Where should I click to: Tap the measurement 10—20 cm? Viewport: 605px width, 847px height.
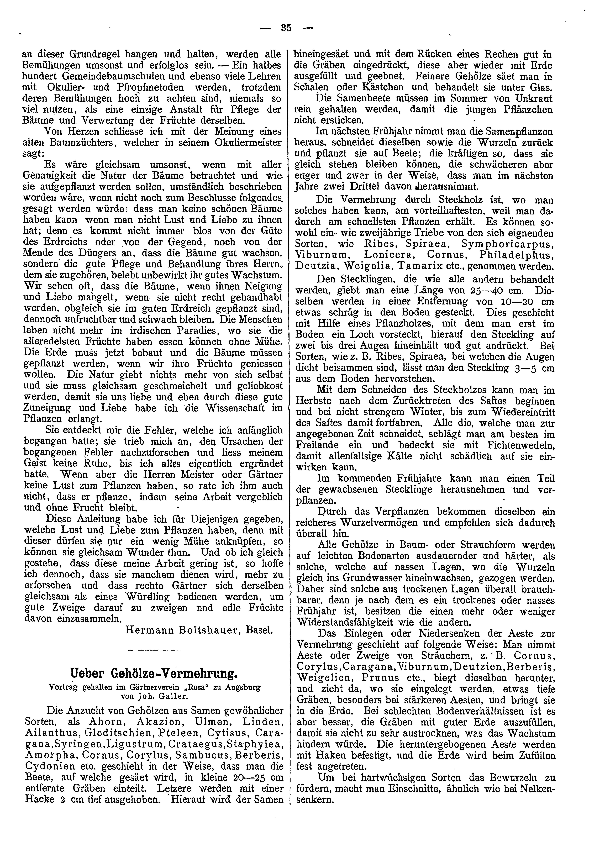click(x=513, y=301)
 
